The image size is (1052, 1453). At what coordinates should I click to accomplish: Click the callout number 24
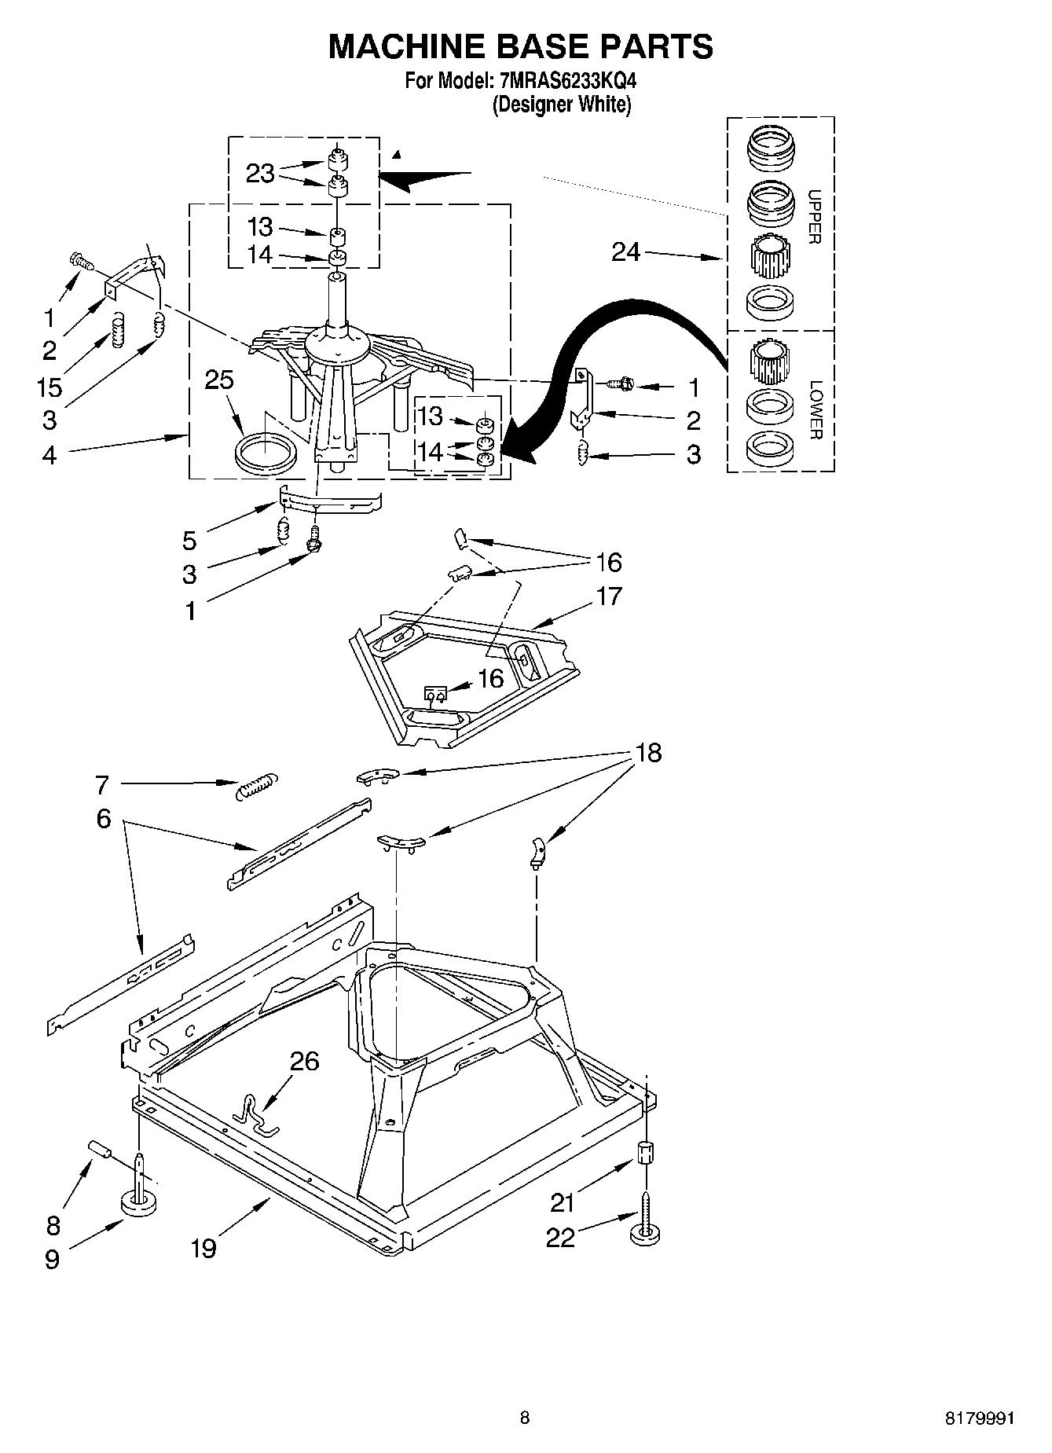coord(626,252)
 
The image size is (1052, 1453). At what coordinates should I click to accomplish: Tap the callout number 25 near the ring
coord(219,380)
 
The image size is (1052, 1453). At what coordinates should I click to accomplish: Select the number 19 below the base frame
coord(203,1247)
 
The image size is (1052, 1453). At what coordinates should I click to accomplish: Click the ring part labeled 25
coord(266,454)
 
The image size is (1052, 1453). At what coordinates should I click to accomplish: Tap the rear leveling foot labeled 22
coord(644,1229)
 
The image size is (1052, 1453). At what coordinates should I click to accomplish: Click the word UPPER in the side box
coord(815,217)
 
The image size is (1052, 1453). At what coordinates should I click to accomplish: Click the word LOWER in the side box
coord(816,409)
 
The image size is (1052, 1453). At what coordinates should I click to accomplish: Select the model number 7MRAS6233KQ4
coord(563,80)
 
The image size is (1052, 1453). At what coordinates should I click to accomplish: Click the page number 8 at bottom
coord(525,1418)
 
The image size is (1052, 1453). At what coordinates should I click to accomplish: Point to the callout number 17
coord(608,596)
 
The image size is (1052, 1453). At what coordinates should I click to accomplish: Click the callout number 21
coord(563,1202)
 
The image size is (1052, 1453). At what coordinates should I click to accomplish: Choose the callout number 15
coord(49,387)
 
